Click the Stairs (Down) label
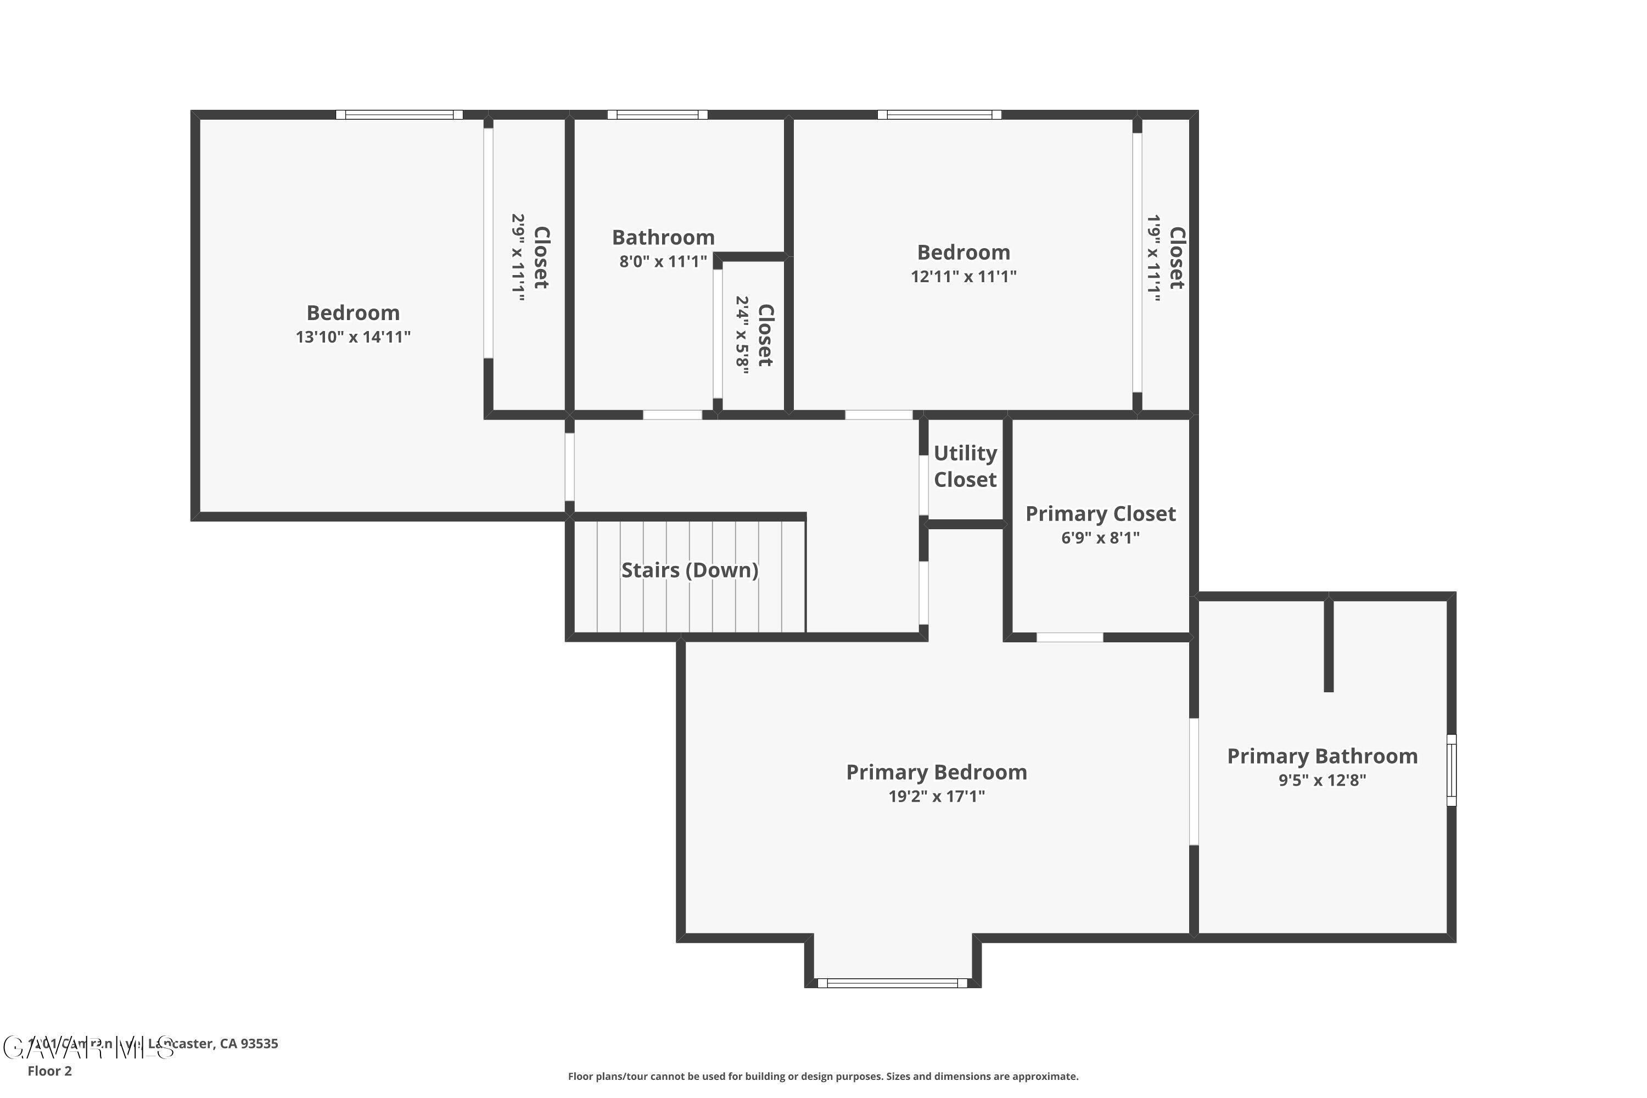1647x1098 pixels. [x=689, y=570]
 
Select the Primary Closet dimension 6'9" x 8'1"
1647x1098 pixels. [x=1100, y=538]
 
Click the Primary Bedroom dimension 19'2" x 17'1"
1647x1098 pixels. [x=935, y=796]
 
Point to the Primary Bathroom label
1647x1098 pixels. [x=1321, y=757]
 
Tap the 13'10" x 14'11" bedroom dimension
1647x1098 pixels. [x=352, y=337]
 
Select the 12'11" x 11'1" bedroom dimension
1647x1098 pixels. [x=963, y=277]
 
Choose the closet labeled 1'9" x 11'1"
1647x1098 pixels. [x=1165, y=257]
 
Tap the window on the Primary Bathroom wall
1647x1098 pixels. [x=1451, y=770]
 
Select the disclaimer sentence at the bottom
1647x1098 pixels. [x=823, y=1076]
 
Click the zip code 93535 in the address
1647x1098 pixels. [x=259, y=1044]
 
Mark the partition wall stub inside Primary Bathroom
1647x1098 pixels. [x=1327, y=644]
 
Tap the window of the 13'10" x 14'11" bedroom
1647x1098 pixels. [x=399, y=115]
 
